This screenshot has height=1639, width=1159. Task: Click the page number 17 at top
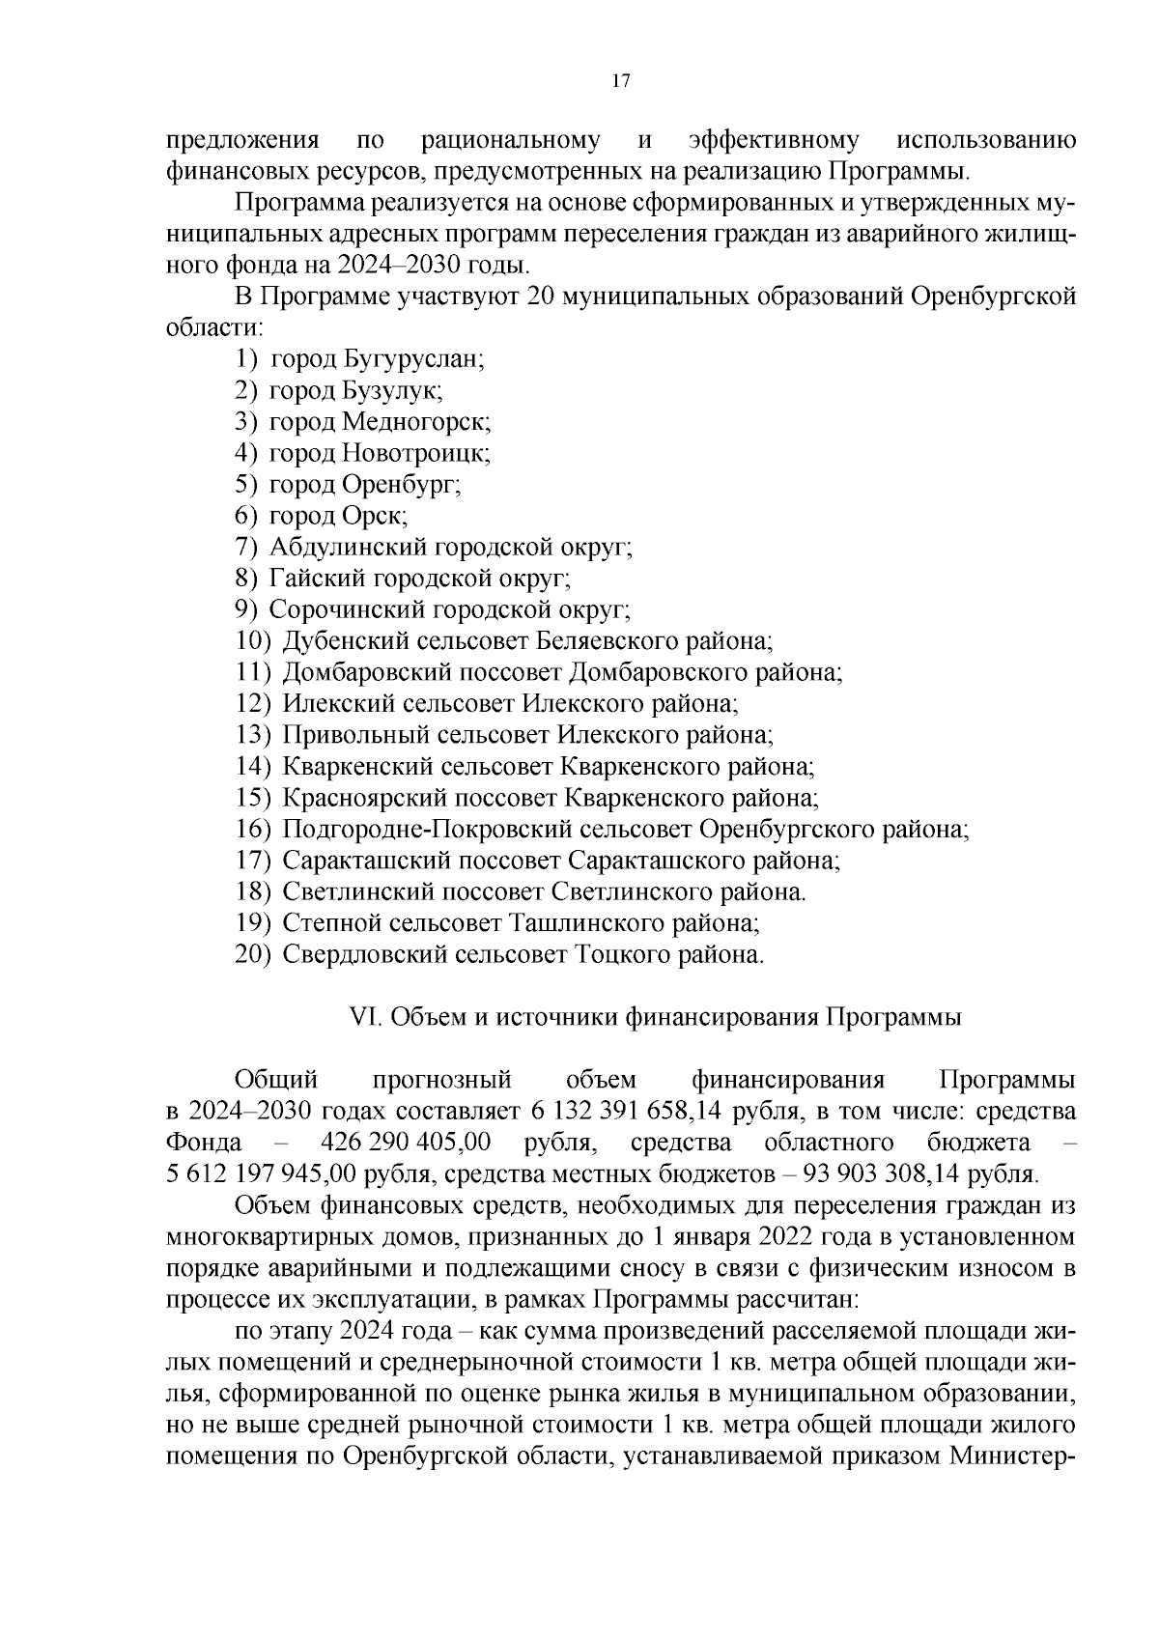click(x=621, y=81)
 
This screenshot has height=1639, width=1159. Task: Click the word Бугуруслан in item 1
click(x=410, y=360)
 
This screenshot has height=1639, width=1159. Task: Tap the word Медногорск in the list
click(x=416, y=422)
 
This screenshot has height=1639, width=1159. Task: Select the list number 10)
click(x=254, y=640)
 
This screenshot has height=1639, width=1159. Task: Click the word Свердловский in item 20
click(x=364, y=954)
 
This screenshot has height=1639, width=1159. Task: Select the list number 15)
click(x=254, y=798)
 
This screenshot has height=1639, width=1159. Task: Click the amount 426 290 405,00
click(x=405, y=1143)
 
